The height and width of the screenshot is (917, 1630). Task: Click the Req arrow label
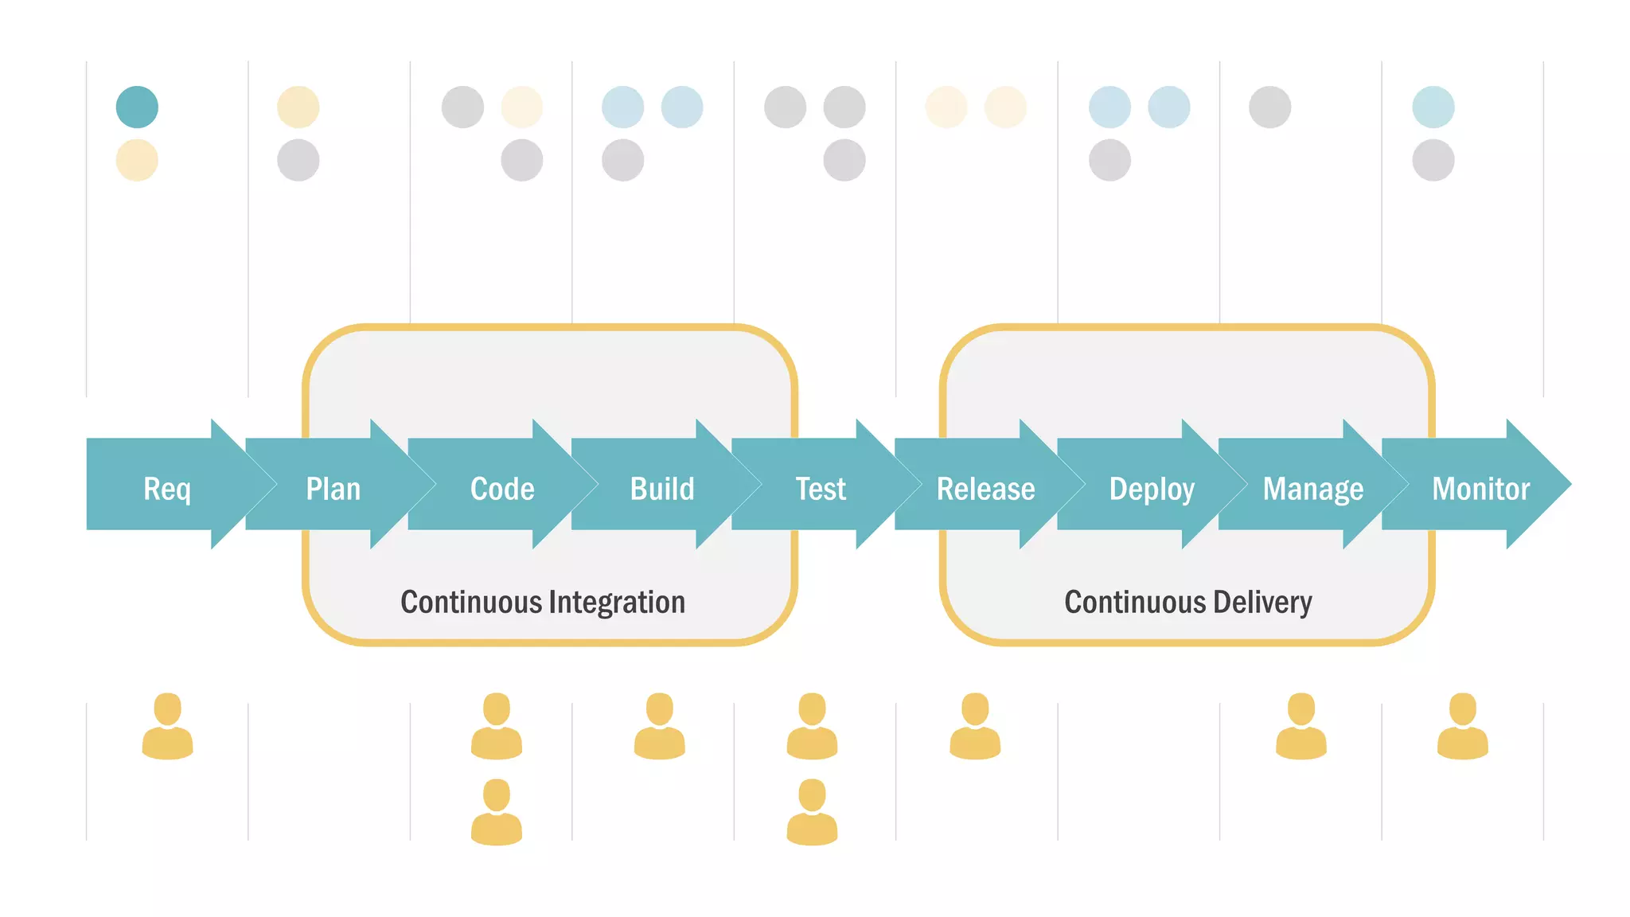[x=167, y=489]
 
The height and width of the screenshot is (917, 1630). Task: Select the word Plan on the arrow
[x=333, y=489]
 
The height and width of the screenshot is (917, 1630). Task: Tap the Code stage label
[x=502, y=489]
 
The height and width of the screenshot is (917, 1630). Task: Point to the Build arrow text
[x=662, y=489]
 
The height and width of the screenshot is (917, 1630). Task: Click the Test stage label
[x=821, y=489]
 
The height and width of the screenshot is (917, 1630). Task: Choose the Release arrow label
[x=985, y=489]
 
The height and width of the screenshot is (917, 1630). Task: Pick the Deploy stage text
[x=1152, y=489]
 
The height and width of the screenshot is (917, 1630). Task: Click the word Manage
[x=1313, y=489]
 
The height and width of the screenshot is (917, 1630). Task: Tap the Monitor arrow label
[x=1481, y=489]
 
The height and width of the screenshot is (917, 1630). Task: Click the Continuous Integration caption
[x=543, y=603]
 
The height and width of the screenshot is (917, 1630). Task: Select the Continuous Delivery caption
[x=1188, y=603]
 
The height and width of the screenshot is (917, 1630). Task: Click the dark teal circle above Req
[x=137, y=107]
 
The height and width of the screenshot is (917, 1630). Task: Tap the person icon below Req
[x=167, y=726]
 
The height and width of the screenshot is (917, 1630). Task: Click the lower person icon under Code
[x=497, y=812]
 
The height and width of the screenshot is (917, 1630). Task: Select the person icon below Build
[x=659, y=726]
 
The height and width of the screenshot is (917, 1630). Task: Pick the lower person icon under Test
[x=812, y=812]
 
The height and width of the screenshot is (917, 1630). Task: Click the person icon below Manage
[x=1301, y=726]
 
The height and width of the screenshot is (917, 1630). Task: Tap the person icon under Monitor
[x=1463, y=726]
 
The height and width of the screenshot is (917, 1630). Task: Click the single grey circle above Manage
[x=1269, y=107]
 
